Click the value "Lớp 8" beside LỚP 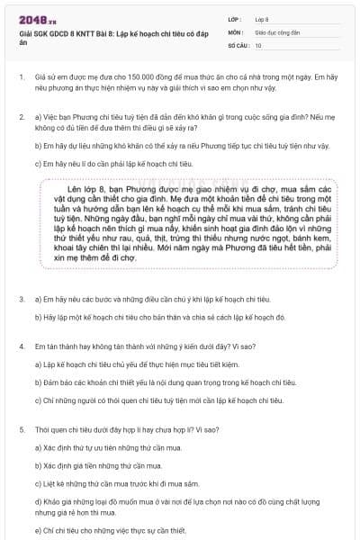tap(263, 18)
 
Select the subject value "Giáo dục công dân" tap(280, 31)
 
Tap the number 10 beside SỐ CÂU tap(258, 44)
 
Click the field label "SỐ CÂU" tap(238, 44)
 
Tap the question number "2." tap(21, 118)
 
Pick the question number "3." tap(21, 298)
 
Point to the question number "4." tap(21, 346)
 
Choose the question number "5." tap(21, 429)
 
